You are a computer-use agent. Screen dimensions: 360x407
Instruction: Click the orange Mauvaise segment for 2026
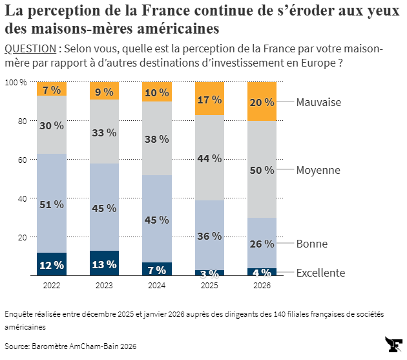tap(261, 101)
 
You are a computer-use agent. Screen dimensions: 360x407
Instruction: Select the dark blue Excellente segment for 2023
tap(104, 263)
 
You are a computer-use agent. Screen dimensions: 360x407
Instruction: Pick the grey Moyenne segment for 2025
tap(209, 158)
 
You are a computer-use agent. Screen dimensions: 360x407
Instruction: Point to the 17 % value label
tap(209, 100)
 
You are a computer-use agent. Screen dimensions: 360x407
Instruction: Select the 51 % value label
tap(52, 204)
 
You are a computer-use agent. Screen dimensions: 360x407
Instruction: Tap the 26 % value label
tap(261, 244)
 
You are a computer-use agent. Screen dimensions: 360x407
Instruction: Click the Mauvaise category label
tap(318, 102)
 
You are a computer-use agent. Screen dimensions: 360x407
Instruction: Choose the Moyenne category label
tap(318, 170)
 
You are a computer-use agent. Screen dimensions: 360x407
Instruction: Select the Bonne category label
tap(312, 244)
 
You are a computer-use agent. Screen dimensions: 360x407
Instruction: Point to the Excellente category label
tap(320, 273)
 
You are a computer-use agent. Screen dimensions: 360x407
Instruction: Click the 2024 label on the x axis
tap(156, 284)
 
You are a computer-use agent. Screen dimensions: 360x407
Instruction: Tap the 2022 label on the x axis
tap(52, 284)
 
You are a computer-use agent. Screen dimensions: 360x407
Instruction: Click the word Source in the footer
tap(17, 346)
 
